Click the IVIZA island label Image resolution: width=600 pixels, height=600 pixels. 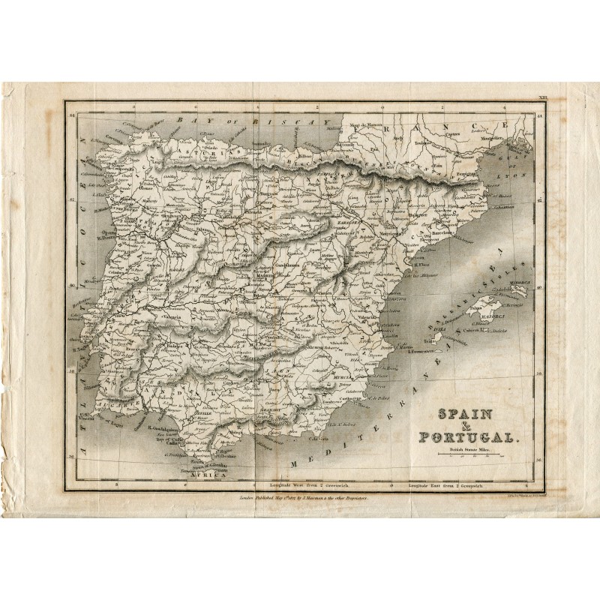point(440,328)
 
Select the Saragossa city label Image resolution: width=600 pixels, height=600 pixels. point(352,223)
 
